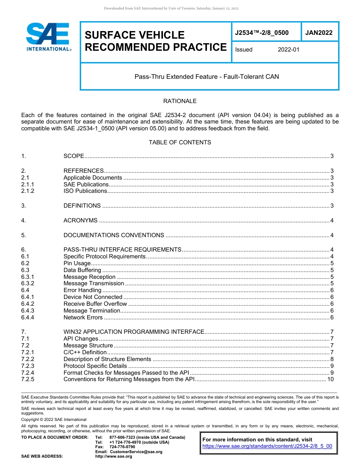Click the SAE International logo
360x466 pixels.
tap(48, 37)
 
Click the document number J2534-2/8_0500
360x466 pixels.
tap(262, 33)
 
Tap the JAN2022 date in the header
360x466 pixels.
tap(319, 33)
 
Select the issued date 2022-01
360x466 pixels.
tap(288, 50)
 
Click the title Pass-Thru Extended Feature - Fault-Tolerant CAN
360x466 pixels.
tap(207, 77)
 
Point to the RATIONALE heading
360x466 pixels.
tap(180, 101)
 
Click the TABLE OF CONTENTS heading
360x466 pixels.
tap(180, 142)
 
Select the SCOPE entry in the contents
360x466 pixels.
tap(74, 156)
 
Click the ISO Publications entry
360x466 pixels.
tap(85, 191)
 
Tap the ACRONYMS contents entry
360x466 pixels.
tap(80, 220)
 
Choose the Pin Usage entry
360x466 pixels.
tap(77, 263)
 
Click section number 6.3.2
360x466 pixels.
tap(28, 283)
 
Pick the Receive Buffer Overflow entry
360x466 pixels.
tap(95, 304)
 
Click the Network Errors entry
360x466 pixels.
tap(83, 317)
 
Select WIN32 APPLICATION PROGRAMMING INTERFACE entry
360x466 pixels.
tap(134, 332)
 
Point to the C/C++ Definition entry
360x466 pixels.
tap(85, 352)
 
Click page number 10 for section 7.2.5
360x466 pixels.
tap(330, 379)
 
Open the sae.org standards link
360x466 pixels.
tap(267, 446)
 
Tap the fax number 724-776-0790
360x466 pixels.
tap(122, 447)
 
